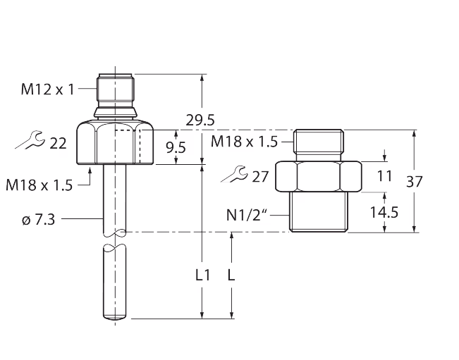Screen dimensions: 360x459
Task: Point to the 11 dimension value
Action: [x=384, y=176]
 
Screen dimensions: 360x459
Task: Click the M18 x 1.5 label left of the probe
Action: [x=39, y=185]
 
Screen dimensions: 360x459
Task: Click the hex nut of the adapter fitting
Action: [x=318, y=176]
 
